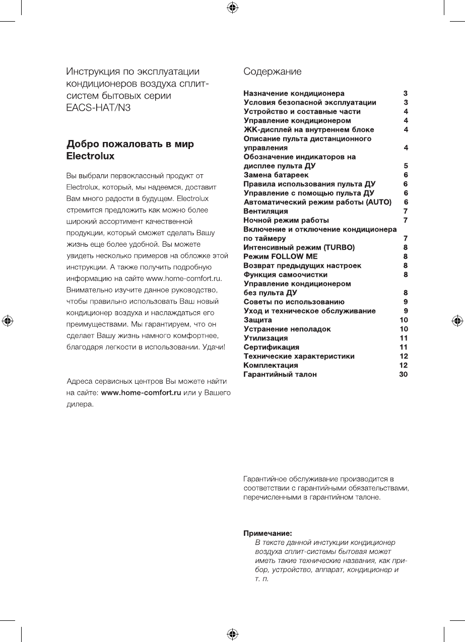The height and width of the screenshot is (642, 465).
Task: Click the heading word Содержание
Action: coord(273,72)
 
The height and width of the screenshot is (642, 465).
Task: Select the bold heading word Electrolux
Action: coord(91,156)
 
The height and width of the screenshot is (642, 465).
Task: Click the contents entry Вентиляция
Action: coord(265,211)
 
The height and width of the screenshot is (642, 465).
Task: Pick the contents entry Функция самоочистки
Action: coord(285,274)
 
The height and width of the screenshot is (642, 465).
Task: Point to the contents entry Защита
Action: coord(257,320)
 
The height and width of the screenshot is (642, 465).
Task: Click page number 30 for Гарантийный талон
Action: coord(403,374)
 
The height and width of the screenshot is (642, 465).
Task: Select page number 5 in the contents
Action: coord(406,166)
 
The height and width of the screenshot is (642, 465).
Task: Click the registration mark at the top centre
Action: coord(232,7)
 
